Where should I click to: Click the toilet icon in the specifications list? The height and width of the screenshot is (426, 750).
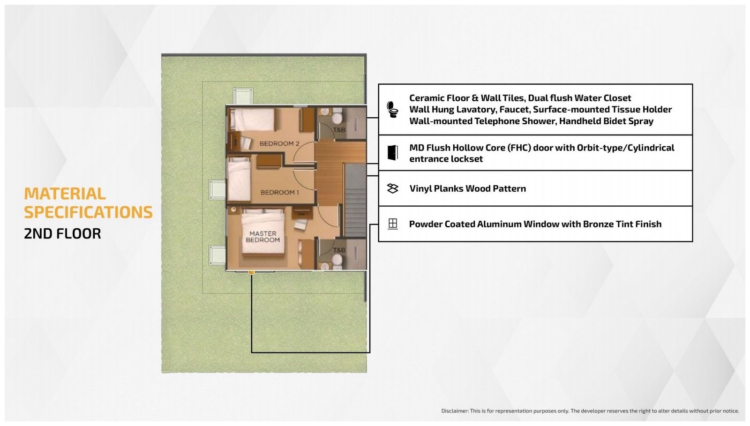coord(392,109)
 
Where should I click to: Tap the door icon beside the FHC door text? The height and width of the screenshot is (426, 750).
coord(392,153)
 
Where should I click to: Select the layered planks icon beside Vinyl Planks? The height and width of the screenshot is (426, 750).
coord(392,188)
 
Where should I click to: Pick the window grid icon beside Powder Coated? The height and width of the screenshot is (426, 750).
coord(392,224)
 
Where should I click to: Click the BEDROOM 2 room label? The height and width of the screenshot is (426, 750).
coord(279,143)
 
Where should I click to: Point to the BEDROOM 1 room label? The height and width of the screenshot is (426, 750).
coord(279,193)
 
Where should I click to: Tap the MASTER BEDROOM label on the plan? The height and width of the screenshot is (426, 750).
coord(263,237)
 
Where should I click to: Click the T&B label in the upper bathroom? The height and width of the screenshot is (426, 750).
coord(339,129)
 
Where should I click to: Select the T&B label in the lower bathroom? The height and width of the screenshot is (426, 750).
coord(339,250)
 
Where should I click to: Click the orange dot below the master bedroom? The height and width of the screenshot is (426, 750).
coord(251,272)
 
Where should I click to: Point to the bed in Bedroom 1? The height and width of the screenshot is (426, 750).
coord(239,179)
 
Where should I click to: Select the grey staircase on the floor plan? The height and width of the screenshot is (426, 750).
coord(355,200)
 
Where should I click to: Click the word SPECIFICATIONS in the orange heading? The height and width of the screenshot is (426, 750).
coord(88,212)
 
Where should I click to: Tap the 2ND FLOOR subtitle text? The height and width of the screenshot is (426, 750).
coord(62,233)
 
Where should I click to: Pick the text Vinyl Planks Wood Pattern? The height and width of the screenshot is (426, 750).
coord(467,188)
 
